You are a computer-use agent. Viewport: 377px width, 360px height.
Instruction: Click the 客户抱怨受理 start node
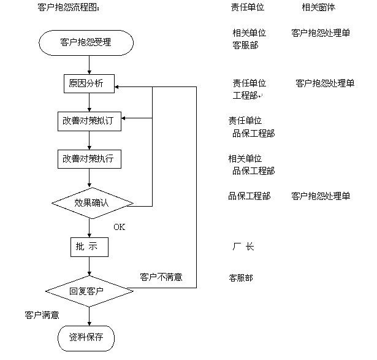(x=89, y=42)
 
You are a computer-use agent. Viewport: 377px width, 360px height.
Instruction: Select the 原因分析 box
(x=89, y=83)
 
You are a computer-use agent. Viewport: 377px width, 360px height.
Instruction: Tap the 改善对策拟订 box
(x=89, y=121)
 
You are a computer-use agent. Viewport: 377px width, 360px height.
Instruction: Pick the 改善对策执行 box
(x=89, y=159)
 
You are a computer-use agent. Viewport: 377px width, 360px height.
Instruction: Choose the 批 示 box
(x=89, y=247)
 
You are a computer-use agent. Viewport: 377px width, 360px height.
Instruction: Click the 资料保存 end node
(x=86, y=337)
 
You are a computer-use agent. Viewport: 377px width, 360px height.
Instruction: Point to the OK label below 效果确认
(x=119, y=227)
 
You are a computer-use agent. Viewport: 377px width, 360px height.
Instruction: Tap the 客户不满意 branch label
(x=161, y=277)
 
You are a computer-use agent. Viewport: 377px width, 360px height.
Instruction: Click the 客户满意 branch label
(x=42, y=315)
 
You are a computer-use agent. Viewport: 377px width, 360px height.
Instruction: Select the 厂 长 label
(x=243, y=247)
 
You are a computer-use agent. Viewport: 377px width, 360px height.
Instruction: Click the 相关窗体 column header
(x=318, y=8)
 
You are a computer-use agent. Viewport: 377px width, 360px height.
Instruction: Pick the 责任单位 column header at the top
(x=248, y=8)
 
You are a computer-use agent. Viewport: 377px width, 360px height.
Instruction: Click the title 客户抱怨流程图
(x=68, y=8)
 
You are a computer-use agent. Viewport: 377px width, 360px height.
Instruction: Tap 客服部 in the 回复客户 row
(x=240, y=278)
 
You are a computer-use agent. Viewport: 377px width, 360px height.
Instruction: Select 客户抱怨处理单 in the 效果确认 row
(x=321, y=196)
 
